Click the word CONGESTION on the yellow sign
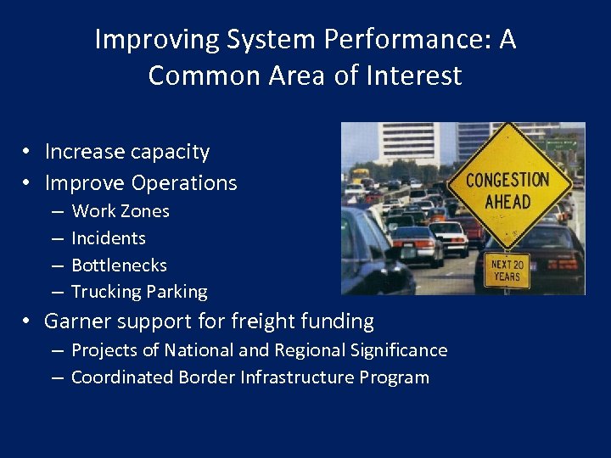(507, 181)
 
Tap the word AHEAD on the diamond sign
(507, 202)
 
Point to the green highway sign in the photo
(561, 145)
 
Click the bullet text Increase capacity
(126, 152)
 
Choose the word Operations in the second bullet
(184, 182)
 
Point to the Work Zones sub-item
(120, 211)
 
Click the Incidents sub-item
(108, 238)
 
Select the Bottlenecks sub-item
(119, 265)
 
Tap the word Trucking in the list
(106, 292)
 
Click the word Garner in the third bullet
(78, 321)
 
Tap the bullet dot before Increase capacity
(28, 152)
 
